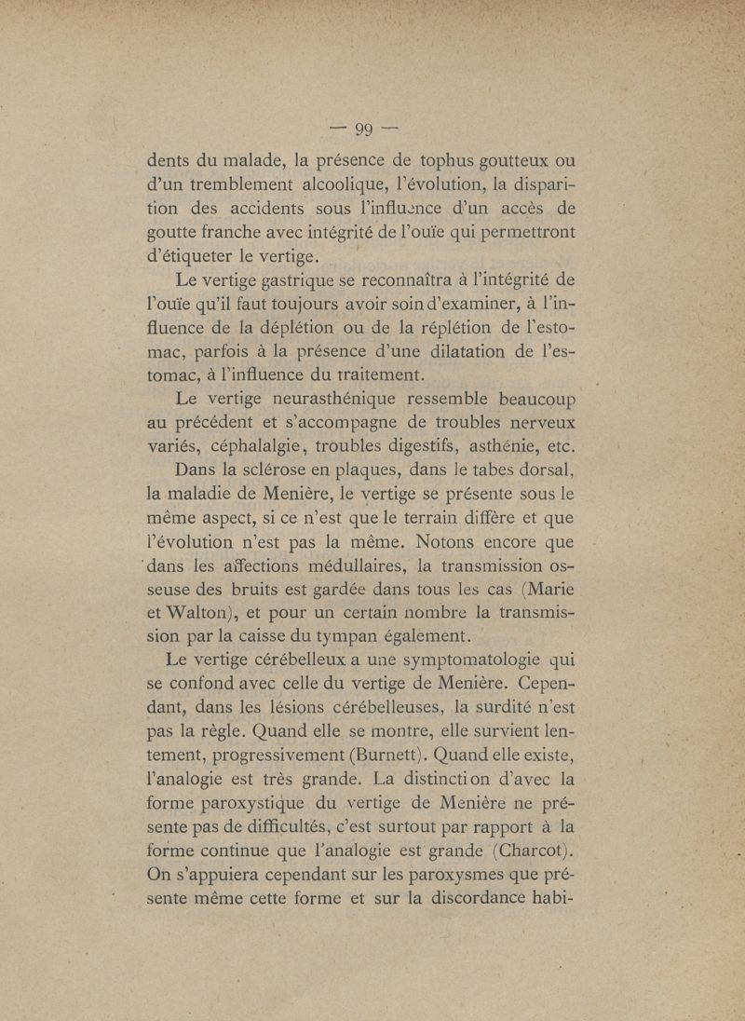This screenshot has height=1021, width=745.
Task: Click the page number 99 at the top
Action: [x=370, y=128]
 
